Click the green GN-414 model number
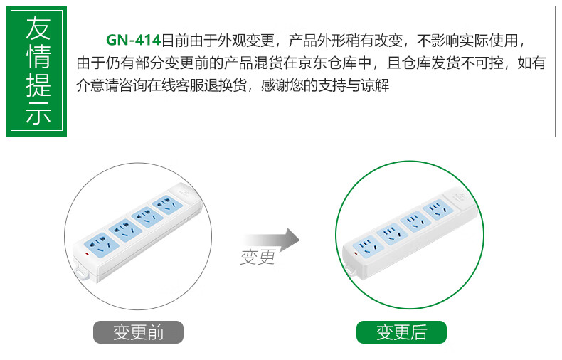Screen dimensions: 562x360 (x=133, y=40)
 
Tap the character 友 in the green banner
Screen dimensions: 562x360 (x=38, y=28)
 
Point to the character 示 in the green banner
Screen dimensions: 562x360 (x=38, y=113)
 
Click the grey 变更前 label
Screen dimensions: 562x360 (x=138, y=332)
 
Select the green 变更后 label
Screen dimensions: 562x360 (x=401, y=332)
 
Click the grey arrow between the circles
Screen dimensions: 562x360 (x=272, y=240)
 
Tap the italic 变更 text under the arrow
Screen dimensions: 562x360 (x=258, y=257)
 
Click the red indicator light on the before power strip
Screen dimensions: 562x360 (x=87, y=253)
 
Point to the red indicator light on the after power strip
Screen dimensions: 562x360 (x=356, y=253)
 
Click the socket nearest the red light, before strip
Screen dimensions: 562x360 (x=102, y=245)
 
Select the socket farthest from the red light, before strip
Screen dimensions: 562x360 (x=167, y=205)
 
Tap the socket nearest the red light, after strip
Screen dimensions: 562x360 (x=368, y=246)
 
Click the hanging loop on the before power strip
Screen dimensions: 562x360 (x=82, y=272)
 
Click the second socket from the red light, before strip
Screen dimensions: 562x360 (x=125, y=231)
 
